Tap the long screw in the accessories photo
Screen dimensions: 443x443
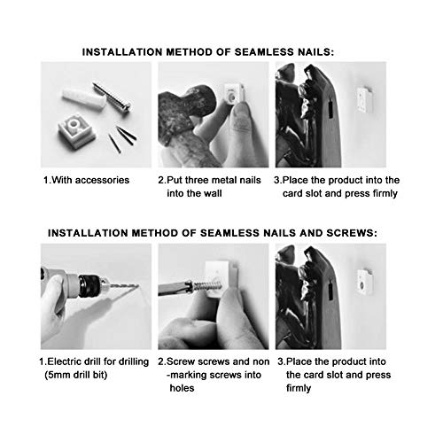pyautogui.click(x=112, y=97)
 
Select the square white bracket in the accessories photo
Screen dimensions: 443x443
pyautogui.click(x=76, y=131)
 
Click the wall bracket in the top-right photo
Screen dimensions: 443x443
pyautogui.click(x=365, y=100)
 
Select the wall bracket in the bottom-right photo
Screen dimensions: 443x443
pyautogui.click(x=364, y=282)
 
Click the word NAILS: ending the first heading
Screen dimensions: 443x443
pyautogui.click(x=315, y=52)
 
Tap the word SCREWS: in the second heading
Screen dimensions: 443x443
pyautogui.click(x=352, y=233)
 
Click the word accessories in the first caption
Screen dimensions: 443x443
pyautogui.click(x=102, y=180)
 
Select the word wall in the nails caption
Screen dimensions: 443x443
pyautogui.click(x=213, y=193)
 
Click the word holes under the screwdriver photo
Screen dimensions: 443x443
pyautogui.click(x=182, y=388)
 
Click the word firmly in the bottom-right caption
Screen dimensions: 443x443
pyautogui.click(x=299, y=388)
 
